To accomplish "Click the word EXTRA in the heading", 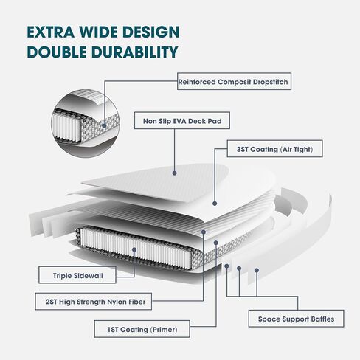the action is [x=50, y=32].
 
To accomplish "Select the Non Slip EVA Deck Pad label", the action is [x=182, y=120].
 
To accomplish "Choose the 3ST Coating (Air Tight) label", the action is [x=274, y=149].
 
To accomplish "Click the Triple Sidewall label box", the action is [x=77, y=275].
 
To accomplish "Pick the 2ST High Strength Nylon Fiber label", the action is [x=94, y=301].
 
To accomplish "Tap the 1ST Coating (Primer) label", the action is [x=142, y=329].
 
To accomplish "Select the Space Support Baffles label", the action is [x=296, y=319].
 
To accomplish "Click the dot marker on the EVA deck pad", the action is [x=175, y=173].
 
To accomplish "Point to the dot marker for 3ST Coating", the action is [x=215, y=204].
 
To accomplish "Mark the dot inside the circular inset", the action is [x=104, y=125].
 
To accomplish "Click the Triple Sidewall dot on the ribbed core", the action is [x=134, y=250].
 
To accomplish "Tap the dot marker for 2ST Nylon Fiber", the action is [x=204, y=232].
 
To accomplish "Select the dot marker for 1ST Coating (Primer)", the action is [x=216, y=243].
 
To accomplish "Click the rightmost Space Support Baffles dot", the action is [x=257, y=270].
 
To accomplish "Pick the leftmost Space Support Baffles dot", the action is [x=226, y=266].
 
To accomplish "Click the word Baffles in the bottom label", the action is [x=322, y=319].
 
